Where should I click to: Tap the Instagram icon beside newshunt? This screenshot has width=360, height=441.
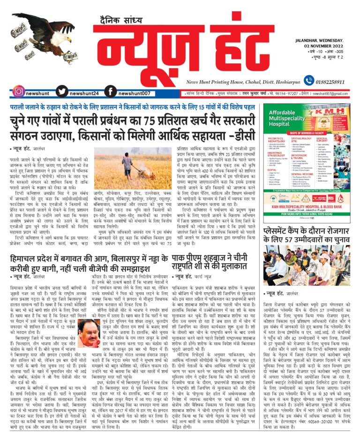pyautogui.click(x=19, y=92)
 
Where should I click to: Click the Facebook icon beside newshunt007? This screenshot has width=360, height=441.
pyautogui.click(x=111, y=92)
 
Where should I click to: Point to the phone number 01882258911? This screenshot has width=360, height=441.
pyautogui.click(x=333, y=81)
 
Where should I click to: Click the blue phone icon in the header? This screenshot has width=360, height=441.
pyautogui.click(x=308, y=81)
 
